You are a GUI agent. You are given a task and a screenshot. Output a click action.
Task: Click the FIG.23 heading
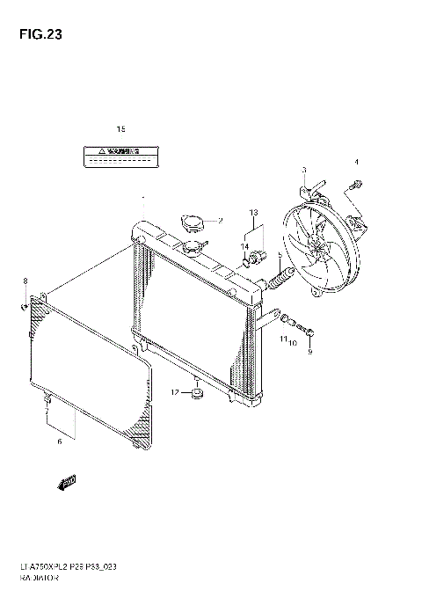[36, 36]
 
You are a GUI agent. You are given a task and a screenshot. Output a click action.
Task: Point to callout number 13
[253, 213]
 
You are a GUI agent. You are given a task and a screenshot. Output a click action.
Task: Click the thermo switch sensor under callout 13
[254, 257]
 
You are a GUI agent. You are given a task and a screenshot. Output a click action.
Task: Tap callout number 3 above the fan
[304, 170]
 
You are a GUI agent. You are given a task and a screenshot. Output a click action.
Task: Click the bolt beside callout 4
[355, 184]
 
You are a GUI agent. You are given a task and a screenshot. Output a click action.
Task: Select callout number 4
[357, 162]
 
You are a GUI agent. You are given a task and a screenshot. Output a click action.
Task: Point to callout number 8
[25, 281]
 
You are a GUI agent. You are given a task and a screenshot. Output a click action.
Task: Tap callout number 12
[175, 392]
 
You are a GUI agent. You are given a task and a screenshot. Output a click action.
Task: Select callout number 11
[284, 339]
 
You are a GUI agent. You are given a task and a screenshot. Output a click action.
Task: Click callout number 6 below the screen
[59, 441]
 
